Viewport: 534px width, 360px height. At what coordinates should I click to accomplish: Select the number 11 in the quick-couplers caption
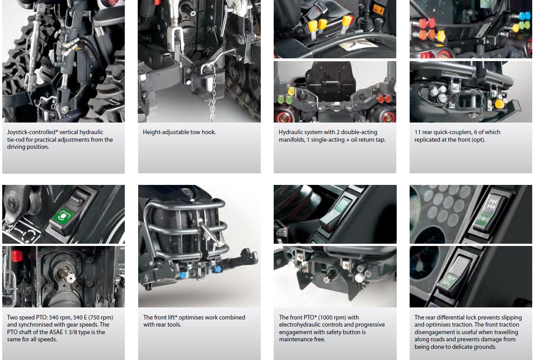pos(418,132)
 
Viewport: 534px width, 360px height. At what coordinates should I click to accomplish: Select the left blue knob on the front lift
pos(183,274)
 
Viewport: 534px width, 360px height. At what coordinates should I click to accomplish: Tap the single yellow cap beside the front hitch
pos(499,103)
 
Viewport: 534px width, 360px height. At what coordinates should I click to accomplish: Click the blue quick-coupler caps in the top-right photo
pos(525,16)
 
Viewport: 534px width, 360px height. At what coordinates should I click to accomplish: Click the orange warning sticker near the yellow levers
pos(378,9)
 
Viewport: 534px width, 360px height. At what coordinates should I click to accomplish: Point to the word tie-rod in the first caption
pos(16,140)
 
